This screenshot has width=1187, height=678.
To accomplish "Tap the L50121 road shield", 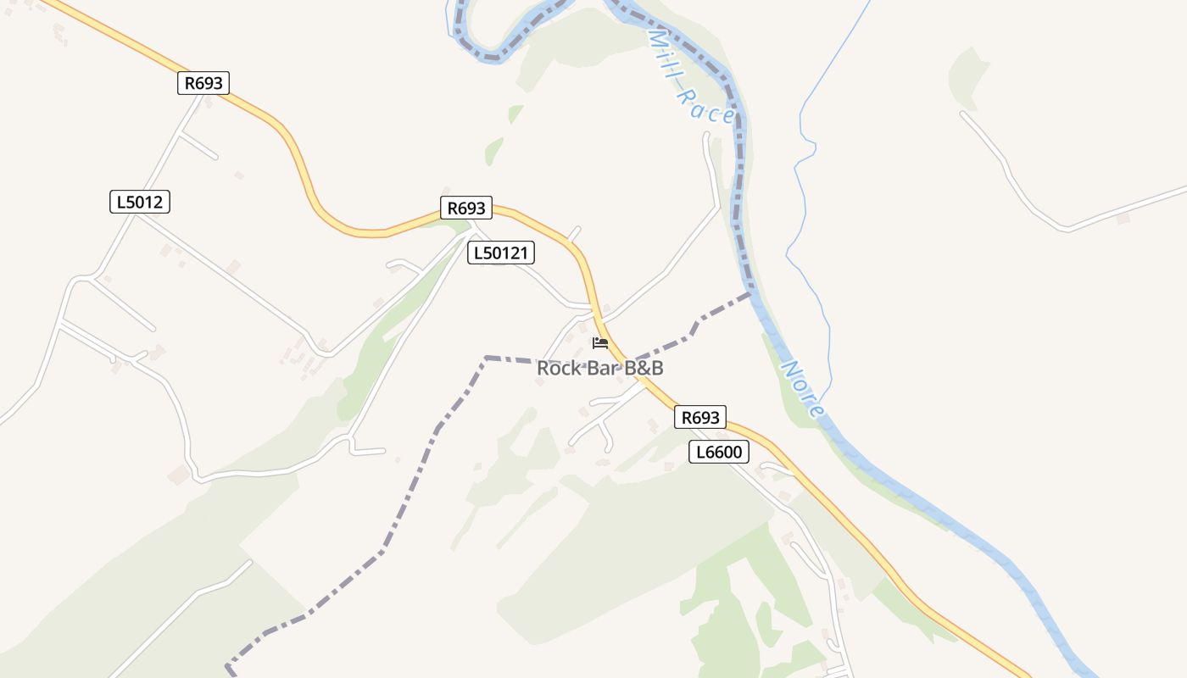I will [x=501, y=253].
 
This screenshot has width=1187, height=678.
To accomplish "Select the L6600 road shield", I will [x=718, y=452].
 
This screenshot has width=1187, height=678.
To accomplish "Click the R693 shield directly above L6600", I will [x=700, y=417].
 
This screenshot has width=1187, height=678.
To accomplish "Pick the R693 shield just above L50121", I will [x=466, y=208].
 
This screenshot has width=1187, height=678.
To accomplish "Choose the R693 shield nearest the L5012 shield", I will [x=203, y=83].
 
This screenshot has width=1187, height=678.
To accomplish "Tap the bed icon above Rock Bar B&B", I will [x=600, y=343].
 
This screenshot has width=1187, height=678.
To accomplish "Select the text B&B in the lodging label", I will [x=644, y=369].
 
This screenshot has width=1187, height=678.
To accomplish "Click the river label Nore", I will [x=802, y=389].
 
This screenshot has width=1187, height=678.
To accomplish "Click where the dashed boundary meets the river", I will [x=750, y=293].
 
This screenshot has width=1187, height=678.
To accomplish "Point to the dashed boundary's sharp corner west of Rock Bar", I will [x=486, y=358].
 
